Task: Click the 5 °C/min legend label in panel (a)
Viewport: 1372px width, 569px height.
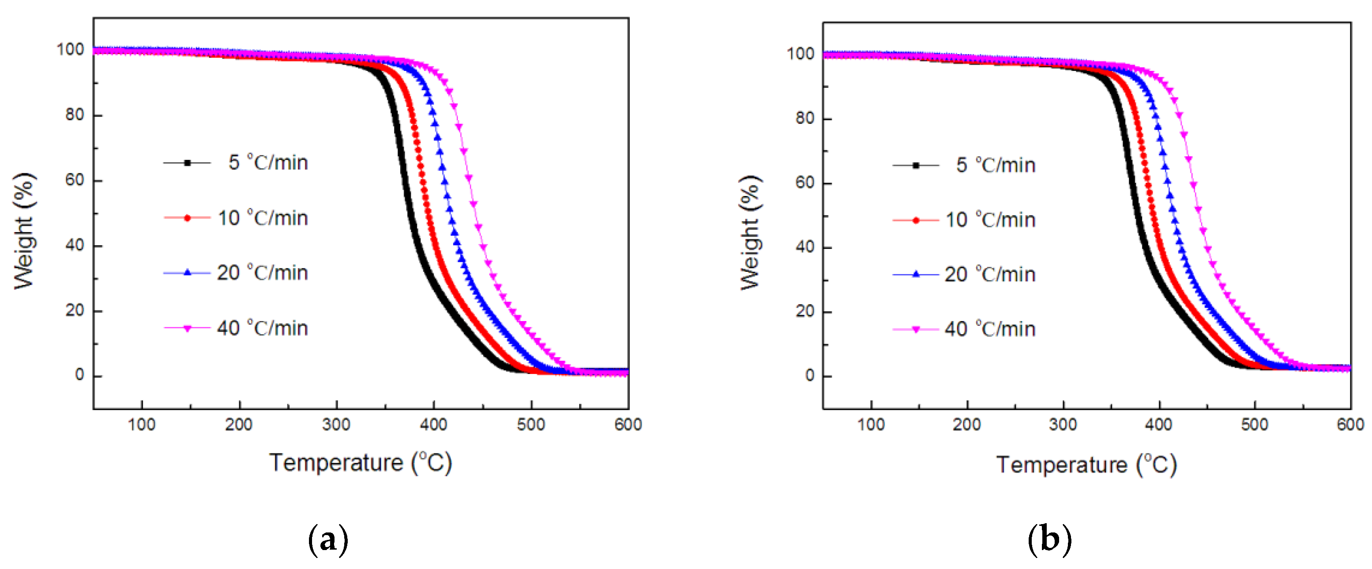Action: (x=268, y=163)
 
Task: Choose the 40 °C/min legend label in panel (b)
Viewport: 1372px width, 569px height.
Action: (x=989, y=329)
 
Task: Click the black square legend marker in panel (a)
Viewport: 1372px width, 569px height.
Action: (x=187, y=163)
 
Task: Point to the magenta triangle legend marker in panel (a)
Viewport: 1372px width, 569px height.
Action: (x=187, y=329)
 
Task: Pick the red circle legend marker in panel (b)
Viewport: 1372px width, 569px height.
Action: (x=915, y=220)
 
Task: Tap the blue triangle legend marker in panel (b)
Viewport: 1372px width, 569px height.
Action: (x=915, y=274)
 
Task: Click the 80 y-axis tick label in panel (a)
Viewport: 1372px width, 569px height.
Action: (x=74, y=115)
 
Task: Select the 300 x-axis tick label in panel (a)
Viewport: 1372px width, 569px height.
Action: (x=336, y=425)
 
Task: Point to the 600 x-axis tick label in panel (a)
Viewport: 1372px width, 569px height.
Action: (x=628, y=425)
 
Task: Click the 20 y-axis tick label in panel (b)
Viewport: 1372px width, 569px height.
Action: (x=805, y=311)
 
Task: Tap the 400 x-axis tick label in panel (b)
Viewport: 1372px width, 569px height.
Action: (x=1158, y=425)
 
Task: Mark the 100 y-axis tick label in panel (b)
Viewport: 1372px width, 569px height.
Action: (x=800, y=54)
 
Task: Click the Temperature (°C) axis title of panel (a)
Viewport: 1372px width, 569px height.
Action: (x=361, y=462)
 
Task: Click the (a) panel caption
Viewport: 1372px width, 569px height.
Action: (x=328, y=540)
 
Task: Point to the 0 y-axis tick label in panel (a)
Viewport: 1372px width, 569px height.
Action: (x=79, y=375)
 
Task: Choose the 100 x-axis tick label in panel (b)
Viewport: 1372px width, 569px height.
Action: (x=871, y=425)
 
